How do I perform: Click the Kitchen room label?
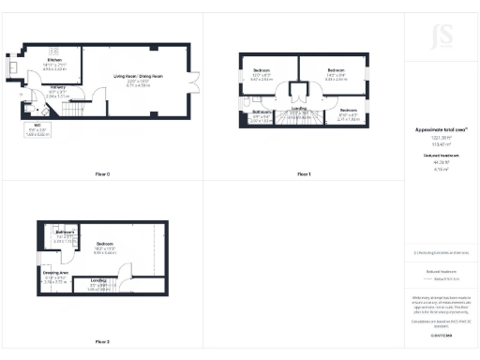click(55, 63)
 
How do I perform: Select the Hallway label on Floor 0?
click(56, 92)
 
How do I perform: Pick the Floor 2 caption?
click(101, 341)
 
